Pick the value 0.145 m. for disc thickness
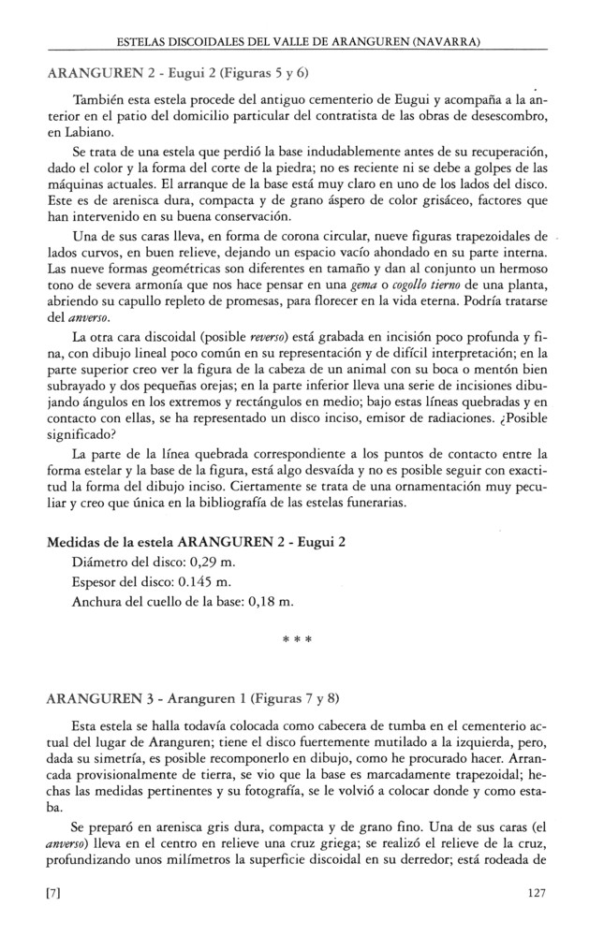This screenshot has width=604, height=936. click(x=208, y=581)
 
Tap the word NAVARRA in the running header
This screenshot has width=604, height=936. click(x=446, y=42)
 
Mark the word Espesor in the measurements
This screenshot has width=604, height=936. click(x=97, y=581)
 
